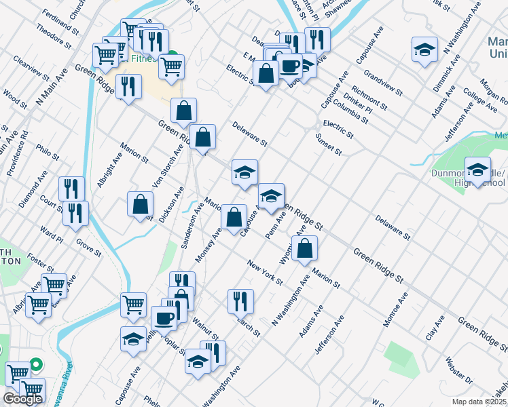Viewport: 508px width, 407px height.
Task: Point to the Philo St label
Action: coord(48,150)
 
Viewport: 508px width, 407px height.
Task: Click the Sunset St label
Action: coord(329,144)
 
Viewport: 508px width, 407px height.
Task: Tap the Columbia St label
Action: coord(350,113)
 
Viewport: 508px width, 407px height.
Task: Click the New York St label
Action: coord(264,272)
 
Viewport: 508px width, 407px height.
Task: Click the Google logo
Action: coord(22,399)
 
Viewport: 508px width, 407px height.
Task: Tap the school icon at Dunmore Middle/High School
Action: coord(478,170)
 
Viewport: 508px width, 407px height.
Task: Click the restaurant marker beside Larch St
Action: coord(240,301)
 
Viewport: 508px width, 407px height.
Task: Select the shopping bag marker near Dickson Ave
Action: coord(140,203)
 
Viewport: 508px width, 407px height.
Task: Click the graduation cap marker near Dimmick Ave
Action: coord(424,50)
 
